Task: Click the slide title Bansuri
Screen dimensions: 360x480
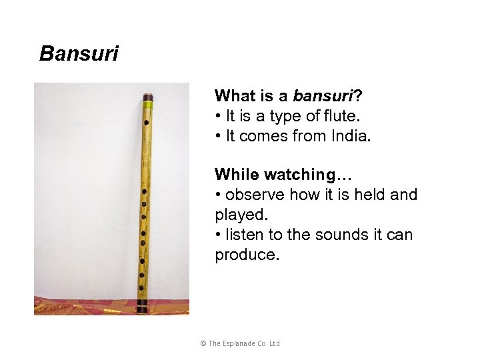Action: (x=79, y=53)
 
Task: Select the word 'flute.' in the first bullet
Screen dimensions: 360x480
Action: (x=342, y=116)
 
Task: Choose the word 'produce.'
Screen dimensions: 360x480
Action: (x=244, y=255)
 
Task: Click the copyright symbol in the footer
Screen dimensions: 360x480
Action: (x=203, y=343)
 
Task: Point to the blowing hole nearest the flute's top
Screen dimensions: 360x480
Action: (x=146, y=123)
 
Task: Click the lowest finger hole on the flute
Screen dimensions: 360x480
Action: (x=141, y=288)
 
